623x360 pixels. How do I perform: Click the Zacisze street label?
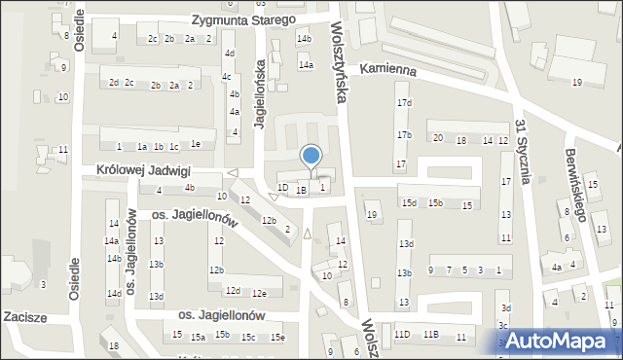click(x=25, y=317)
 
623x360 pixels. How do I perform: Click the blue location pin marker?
click(x=311, y=157)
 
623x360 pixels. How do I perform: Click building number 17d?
click(x=403, y=102)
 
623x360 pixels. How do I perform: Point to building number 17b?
click(x=403, y=134)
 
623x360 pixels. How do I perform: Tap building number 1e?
click(x=196, y=145)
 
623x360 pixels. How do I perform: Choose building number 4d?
click(x=229, y=54)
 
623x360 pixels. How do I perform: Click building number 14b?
click(x=305, y=39)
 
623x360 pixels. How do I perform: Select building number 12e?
click(x=259, y=293)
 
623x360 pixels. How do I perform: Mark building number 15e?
click(x=277, y=337)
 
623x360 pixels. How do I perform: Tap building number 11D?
click(x=402, y=336)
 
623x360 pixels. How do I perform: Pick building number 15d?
click(x=409, y=203)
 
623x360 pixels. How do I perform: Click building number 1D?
click(x=282, y=188)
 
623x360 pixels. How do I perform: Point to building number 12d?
click(x=233, y=290)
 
